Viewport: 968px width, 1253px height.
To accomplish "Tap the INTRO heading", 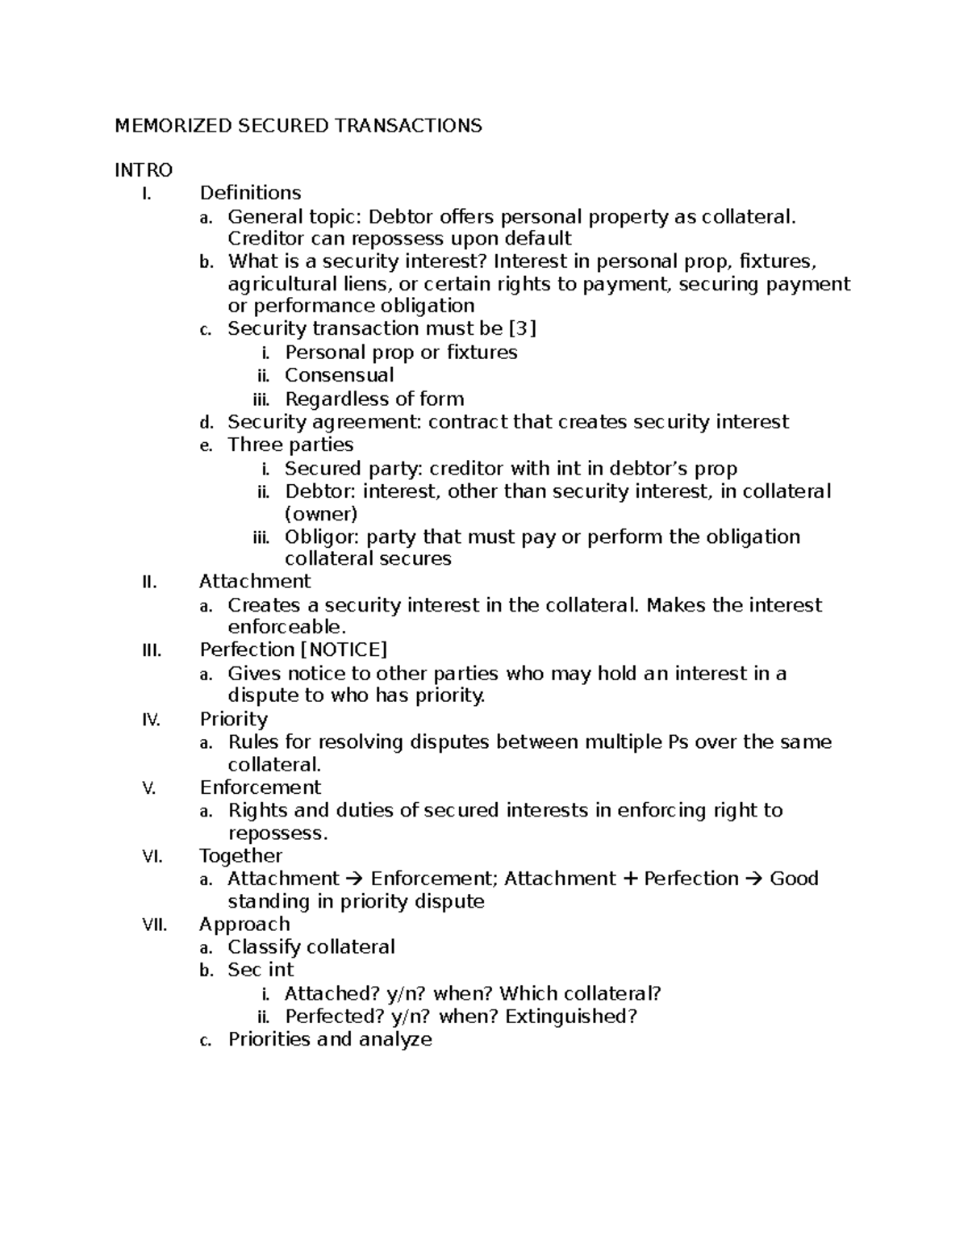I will [x=144, y=170].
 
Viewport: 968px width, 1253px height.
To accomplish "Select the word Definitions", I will [x=250, y=193].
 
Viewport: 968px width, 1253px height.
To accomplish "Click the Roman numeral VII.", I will [x=154, y=925].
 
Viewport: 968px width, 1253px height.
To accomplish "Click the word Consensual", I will [x=339, y=375].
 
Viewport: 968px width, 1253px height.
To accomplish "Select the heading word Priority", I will [x=233, y=719].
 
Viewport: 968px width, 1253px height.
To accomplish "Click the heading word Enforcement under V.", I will [x=260, y=787].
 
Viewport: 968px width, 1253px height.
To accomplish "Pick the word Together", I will [x=240, y=856].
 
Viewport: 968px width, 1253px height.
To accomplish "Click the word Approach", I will [x=244, y=925].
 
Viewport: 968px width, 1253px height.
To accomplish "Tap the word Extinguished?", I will [x=571, y=1017].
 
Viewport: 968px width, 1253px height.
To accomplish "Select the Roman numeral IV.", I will [x=151, y=720].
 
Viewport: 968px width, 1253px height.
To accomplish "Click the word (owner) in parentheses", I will [x=320, y=514].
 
